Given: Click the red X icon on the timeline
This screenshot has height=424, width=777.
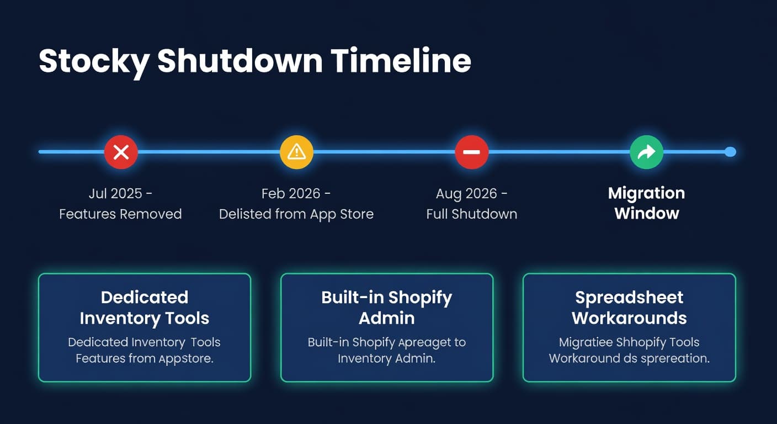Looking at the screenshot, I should click(x=121, y=152).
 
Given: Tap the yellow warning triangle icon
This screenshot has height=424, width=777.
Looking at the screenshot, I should click(x=296, y=152).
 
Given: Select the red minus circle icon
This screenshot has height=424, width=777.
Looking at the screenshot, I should click(x=471, y=152).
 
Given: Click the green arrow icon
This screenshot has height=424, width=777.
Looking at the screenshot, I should click(x=646, y=152).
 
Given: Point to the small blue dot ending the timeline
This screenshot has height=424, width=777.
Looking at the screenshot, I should click(x=730, y=152).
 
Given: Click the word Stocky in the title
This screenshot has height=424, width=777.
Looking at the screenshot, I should click(x=93, y=61).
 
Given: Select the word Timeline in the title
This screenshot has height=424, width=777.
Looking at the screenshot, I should click(x=401, y=61).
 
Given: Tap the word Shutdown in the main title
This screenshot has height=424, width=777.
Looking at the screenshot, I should click(x=240, y=61).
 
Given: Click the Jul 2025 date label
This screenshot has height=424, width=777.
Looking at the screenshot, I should click(x=116, y=194).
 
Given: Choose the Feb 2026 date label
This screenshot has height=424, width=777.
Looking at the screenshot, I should click(x=291, y=194).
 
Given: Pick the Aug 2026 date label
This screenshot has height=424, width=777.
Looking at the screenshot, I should click(x=467, y=194).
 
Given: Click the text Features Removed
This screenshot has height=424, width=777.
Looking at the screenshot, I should click(x=120, y=214).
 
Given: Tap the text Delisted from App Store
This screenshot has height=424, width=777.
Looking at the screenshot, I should click(x=296, y=214).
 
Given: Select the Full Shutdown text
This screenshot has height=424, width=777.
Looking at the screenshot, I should click(x=471, y=214).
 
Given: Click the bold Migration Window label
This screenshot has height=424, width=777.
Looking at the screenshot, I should click(x=646, y=203).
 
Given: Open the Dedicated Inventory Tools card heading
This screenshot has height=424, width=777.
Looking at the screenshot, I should click(x=145, y=308).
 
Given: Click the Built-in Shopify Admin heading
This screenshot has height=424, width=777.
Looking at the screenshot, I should click(x=386, y=308).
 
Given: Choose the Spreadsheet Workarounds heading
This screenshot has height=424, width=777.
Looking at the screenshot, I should click(x=629, y=308).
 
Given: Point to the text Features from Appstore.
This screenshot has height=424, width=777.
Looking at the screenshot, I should click(x=145, y=359).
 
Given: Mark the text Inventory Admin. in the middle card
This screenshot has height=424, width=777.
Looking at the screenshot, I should click(x=386, y=359).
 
